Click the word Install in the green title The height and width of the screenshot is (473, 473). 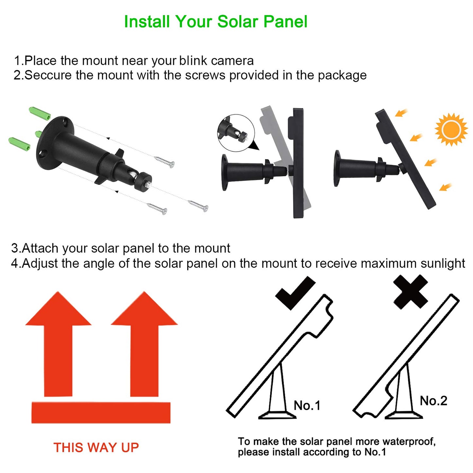147,22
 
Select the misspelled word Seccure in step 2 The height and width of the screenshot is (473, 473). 48,75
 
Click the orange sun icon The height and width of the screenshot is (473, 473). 451,130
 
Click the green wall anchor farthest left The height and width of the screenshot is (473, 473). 19,144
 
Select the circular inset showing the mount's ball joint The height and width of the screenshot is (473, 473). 236,133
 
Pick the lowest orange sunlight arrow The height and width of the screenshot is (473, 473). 446,187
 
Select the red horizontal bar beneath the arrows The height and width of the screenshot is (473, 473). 101,412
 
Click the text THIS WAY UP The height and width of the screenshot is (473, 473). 96,447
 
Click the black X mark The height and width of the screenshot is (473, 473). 410,291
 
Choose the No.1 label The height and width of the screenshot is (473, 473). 307,406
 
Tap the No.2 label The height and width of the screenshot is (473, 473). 433,401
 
